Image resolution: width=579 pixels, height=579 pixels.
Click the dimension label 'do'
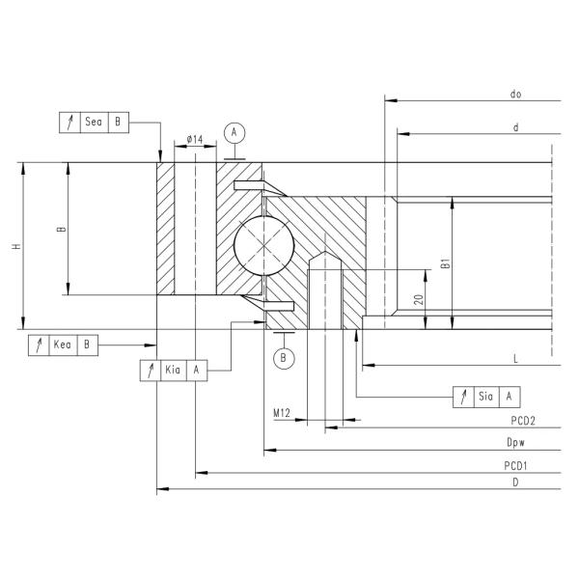tap(516, 95)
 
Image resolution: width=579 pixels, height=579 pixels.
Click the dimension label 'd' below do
tap(516, 126)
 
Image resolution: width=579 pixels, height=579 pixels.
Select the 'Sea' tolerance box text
tap(94, 123)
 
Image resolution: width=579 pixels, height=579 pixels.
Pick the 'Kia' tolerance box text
tap(174, 370)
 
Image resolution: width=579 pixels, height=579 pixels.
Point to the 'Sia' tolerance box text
tap(486, 397)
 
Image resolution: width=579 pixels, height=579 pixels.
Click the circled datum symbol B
tap(283, 358)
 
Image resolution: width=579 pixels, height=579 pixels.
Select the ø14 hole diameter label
tap(194, 141)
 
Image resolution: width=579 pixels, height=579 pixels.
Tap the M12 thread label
tap(282, 413)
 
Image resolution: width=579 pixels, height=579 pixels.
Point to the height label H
tap(15, 247)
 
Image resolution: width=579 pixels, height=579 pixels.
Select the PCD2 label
tap(523, 422)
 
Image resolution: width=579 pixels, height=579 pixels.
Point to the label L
tap(516, 359)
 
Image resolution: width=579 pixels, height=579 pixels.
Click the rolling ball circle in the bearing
tap(263, 244)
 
